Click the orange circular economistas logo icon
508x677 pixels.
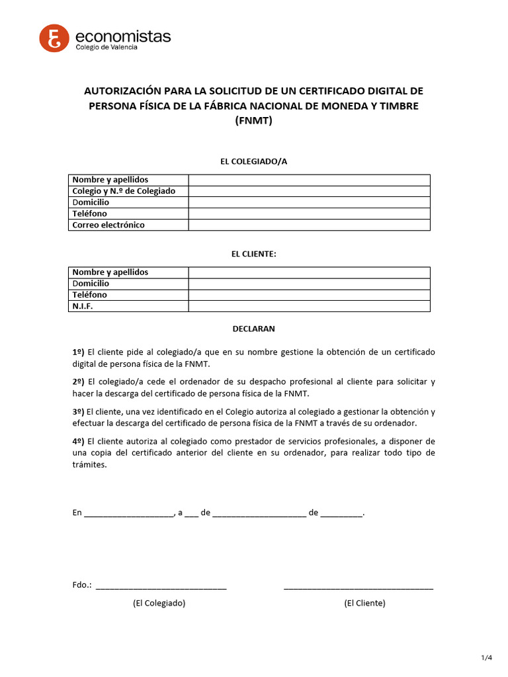pos(54,38)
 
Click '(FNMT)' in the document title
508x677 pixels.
pos(253,120)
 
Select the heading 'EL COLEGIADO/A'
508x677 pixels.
pos(253,161)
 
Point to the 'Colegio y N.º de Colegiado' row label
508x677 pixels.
pos(124,191)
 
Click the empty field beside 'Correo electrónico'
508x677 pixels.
pos(309,225)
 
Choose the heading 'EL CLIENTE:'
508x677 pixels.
pos(253,254)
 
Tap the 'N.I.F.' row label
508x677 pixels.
pos(83,306)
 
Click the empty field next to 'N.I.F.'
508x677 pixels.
pos(309,306)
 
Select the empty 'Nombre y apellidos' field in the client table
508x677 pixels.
pos(309,272)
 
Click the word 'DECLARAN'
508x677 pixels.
pos(253,329)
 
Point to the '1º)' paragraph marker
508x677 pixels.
pos(78,352)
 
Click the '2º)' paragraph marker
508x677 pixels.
pos(78,381)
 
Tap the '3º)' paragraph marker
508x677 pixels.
pos(78,411)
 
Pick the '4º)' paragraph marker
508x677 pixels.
pos(78,441)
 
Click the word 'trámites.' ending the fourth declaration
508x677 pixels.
pos(89,465)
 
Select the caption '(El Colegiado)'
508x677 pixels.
pos(159,603)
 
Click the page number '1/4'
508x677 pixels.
pos(487,657)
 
